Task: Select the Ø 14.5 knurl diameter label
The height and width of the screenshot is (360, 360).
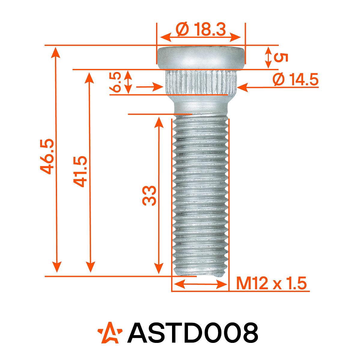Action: [295, 80]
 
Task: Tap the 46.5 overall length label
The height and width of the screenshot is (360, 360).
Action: [47, 156]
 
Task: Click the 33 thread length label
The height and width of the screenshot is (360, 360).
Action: [150, 196]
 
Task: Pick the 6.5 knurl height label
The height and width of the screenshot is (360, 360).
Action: [115, 82]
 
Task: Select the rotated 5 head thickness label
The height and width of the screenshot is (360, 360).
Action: [281, 58]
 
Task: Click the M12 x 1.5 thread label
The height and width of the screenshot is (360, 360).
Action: [271, 283]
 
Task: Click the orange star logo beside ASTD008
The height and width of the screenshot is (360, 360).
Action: [110, 333]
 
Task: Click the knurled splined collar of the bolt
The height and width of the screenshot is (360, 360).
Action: [201, 81]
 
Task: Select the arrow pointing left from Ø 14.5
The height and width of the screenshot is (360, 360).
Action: [243, 88]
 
